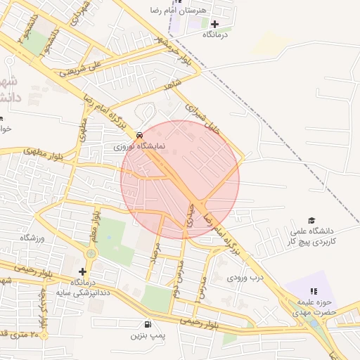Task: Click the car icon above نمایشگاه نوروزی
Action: [139, 134]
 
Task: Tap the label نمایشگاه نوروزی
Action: [140, 147]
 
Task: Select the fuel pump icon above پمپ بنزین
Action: [148, 324]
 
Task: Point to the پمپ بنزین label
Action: [148, 336]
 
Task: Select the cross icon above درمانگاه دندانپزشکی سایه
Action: [83, 271]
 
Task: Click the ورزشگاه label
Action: [32, 238]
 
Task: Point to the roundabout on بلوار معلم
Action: [90, 254]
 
